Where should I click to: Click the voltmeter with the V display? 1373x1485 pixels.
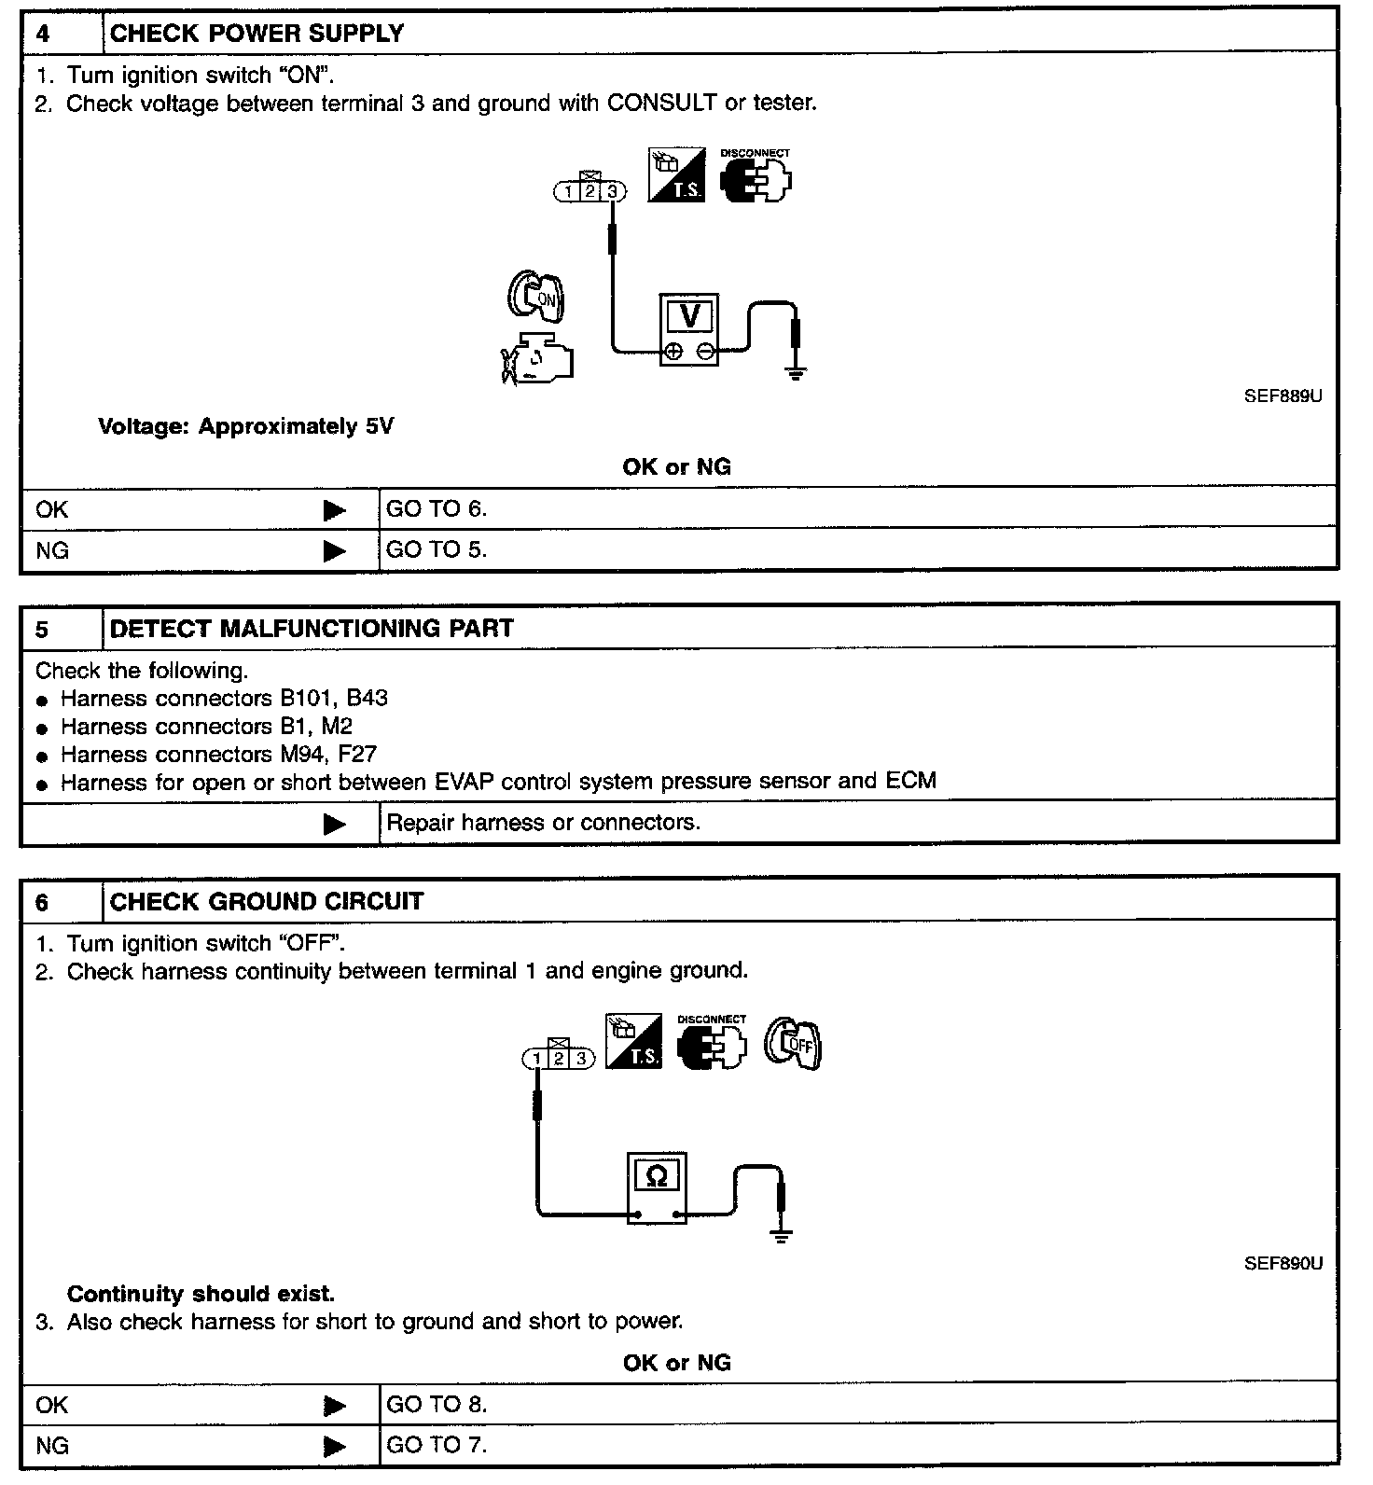(x=689, y=329)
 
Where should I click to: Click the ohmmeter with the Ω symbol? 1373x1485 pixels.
(x=657, y=1187)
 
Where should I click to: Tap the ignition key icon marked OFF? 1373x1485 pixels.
(x=793, y=1042)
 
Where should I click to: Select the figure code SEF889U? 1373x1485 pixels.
(x=1283, y=396)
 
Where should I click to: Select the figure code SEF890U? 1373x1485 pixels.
(x=1283, y=1264)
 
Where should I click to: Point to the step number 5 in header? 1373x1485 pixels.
(x=42, y=629)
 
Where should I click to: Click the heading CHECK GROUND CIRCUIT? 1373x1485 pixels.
(x=267, y=902)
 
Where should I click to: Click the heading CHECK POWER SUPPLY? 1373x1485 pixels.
(x=257, y=34)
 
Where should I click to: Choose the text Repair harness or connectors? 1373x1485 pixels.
(x=543, y=823)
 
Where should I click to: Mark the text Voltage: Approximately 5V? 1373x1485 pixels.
(x=246, y=427)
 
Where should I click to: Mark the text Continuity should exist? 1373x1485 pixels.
(x=201, y=1295)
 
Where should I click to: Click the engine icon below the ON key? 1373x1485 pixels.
(x=538, y=359)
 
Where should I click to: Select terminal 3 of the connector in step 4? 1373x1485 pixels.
(x=612, y=192)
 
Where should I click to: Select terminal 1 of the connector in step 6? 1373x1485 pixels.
(x=536, y=1059)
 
